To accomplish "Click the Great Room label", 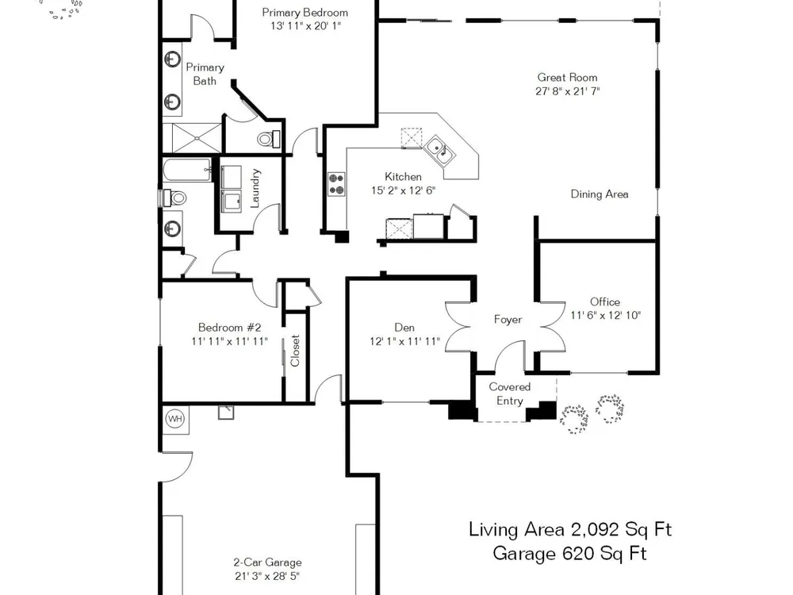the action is click(x=567, y=78).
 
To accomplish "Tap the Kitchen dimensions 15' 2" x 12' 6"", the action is click(x=403, y=190).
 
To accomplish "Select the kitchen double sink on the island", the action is click(x=439, y=150).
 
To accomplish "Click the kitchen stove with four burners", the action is click(x=336, y=184).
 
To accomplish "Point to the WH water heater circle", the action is click(x=175, y=419).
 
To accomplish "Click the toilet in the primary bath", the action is click(x=269, y=138).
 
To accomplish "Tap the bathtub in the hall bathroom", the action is click(x=186, y=170).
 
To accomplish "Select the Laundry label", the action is click(x=255, y=188).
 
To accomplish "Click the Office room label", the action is click(x=605, y=302).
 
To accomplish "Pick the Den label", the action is click(x=404, y=328).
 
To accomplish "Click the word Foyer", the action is click(x=508, y=320).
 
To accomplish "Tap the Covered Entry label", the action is click(x=509, y=393).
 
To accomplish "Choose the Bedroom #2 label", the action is click(x=230, y=328).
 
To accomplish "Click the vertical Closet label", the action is click(x=295, y=350).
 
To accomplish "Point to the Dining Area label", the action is click(x=600, y=194).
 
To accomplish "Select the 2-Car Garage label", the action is click(x=267, y=562).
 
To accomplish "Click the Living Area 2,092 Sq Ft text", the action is click(x=570, y=530).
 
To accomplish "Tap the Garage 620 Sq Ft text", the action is click(x=570, y=553).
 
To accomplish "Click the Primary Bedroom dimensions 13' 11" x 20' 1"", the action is click(x=306, y=26).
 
